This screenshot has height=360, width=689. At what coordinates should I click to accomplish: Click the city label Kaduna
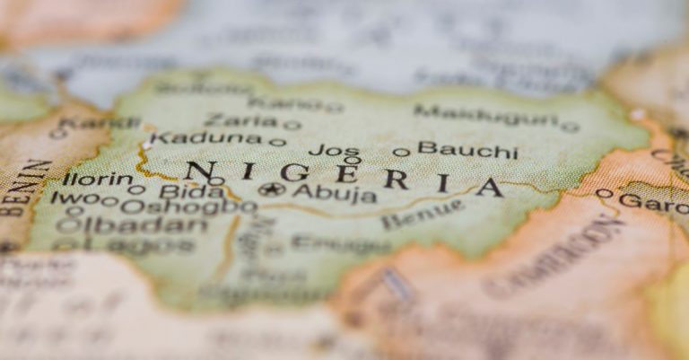[205, 138]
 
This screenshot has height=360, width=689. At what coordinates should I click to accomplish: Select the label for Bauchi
[467, 149]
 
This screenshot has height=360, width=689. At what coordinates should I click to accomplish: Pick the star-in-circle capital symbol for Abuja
[272, 189]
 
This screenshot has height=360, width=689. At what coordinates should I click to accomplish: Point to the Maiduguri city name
[485, 115]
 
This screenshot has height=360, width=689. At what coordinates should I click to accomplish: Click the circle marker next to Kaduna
[278, 142]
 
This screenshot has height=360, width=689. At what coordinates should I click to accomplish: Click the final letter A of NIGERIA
[489, 188]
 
